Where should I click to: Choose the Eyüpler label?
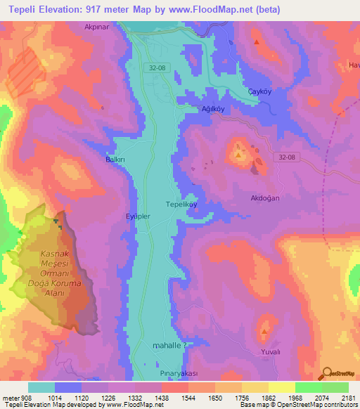click(x=137, y=216)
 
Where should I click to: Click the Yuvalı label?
click(x=271, y=351)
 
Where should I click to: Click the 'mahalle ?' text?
click(x=169, y=346)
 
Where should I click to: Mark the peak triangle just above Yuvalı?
click(x=264, y=331)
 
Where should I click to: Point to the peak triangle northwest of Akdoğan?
click(x=238, y=155)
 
